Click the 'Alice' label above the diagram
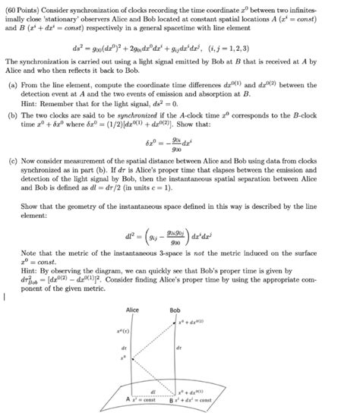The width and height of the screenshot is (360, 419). click(132, 310)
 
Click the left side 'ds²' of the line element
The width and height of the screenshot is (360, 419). click(110, 45)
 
